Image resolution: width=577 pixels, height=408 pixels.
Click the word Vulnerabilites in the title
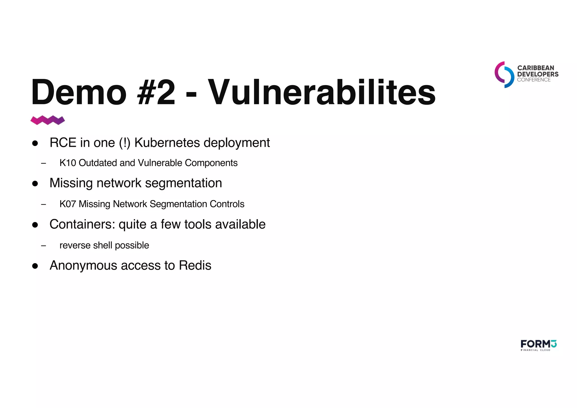(x=321, y=92)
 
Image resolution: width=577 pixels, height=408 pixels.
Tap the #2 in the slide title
(x=156, y=92)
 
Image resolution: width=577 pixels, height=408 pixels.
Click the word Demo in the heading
(x=79, y=92)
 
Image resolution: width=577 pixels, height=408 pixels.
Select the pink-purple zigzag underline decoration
(x=48, y=120)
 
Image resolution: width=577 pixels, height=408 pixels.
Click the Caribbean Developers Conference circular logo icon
(x=504, y=75)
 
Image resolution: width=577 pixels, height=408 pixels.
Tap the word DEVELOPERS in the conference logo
(x=538, y=74)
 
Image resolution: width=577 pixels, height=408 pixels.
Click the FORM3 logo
(x=538, y=345)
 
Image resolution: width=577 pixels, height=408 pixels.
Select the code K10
(x=68, y=163)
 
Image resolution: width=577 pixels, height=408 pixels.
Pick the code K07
(x=68, y=204)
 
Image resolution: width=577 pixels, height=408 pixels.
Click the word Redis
(x=195, y=265)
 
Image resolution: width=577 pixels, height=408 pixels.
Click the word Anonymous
(x=83, y=265)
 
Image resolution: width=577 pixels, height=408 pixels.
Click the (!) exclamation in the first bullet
(x=125, y=143)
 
